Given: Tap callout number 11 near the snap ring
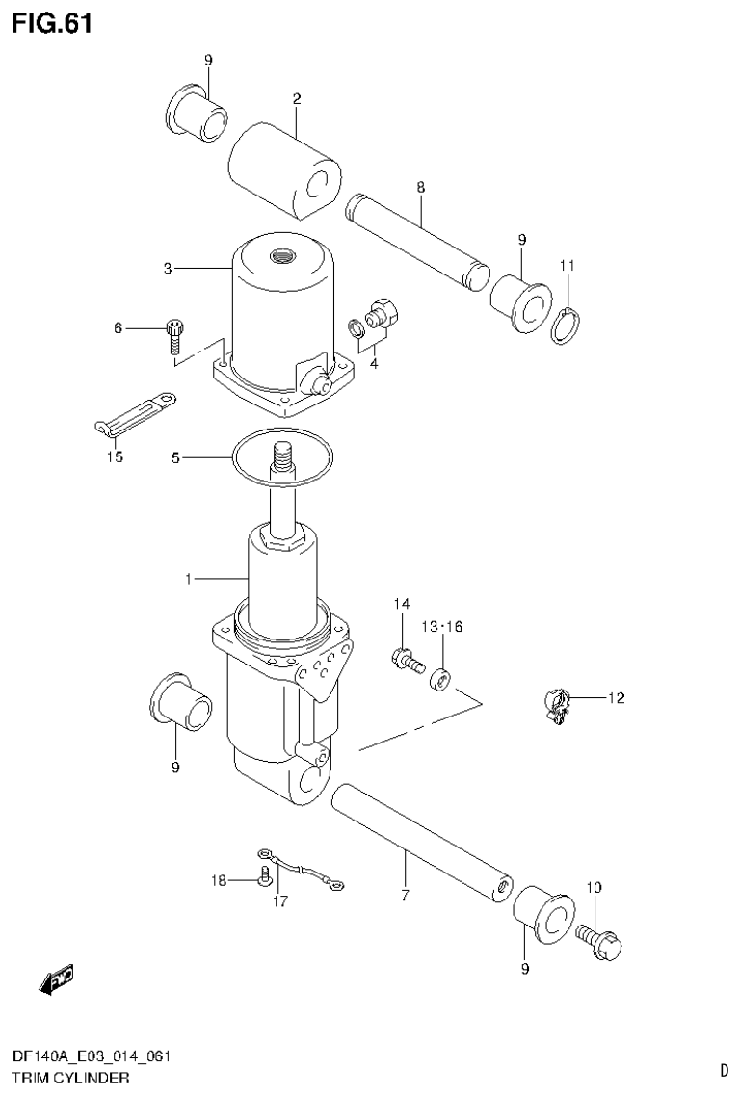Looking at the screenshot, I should (x=568, y=265).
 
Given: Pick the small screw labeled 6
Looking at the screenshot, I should (x=174, y=331).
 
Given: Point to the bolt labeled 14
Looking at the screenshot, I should (x=407, y=661).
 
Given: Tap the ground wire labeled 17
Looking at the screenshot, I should (x=301, y=870).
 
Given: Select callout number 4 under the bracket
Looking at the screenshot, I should (x=373, y=363).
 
